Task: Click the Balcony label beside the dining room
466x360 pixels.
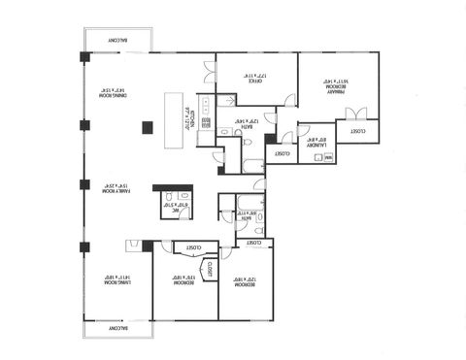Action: coord(116,40)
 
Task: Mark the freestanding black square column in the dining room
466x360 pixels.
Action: coord(148,126)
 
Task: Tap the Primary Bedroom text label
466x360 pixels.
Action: coord(335,85)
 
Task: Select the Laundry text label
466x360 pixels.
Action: coord(317,141)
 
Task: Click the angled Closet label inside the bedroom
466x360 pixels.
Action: coord(208,266)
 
